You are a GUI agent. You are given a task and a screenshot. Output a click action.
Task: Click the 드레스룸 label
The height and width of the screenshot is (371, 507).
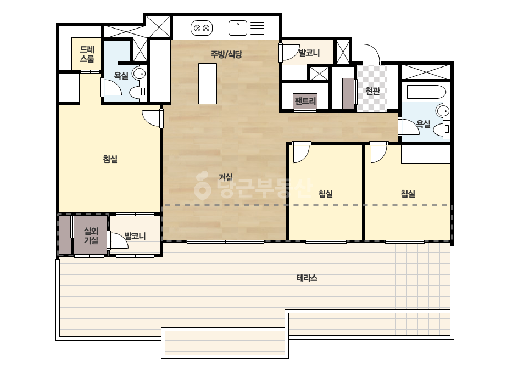coord(87,54)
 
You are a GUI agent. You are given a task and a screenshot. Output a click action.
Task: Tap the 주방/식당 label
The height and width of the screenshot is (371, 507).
coord(226,54)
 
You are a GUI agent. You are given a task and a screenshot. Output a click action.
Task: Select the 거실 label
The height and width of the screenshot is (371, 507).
coord(226,177)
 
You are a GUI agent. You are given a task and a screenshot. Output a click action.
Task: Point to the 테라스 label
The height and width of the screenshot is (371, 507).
coord(307,278)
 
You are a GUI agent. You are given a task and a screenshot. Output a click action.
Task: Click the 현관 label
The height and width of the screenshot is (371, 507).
coord(372,91)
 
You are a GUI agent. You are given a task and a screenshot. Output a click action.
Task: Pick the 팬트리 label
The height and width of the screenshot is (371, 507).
coord(305,101)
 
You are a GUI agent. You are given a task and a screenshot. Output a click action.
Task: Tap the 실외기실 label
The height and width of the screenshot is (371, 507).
coord(91,235)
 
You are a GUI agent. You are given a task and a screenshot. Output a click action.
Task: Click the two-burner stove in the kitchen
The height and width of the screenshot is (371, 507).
coord(202,28)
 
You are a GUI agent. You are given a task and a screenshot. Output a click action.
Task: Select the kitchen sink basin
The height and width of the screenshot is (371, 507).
coord(238,28)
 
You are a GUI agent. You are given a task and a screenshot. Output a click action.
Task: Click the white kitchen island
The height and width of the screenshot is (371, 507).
coord(208,83)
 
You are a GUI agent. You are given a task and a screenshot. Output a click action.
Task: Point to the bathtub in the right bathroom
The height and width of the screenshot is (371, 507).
coord(426,92)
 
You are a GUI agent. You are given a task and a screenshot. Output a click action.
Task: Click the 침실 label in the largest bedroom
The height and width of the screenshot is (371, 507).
coord(110,159)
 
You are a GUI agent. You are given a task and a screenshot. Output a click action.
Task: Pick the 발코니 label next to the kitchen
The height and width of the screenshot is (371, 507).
coord(309,52)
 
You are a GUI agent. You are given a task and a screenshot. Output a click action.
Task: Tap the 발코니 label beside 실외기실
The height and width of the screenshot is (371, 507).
coord(135,236)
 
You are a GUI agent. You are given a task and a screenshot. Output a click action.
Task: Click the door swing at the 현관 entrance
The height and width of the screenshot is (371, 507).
coord(371,53)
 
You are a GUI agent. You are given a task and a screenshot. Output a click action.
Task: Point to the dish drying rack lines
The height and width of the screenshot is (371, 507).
coord(258,28)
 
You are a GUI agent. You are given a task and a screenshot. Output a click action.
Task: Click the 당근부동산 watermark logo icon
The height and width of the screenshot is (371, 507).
coord(202,187)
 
